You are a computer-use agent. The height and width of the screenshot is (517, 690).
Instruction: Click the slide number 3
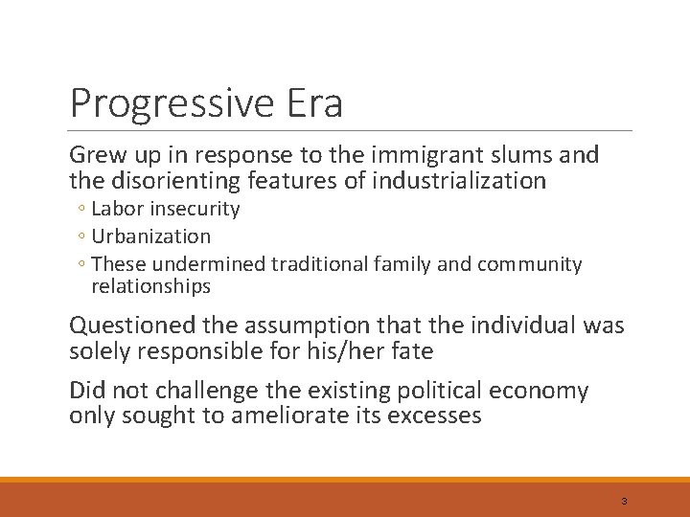(624, 502)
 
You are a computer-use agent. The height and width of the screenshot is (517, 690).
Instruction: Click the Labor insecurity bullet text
(165, 209)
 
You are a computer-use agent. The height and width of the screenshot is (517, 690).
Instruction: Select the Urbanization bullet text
(150, 236)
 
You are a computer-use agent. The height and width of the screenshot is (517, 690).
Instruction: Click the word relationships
(150, 286)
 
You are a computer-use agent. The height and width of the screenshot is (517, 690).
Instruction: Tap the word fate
(412, 351)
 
